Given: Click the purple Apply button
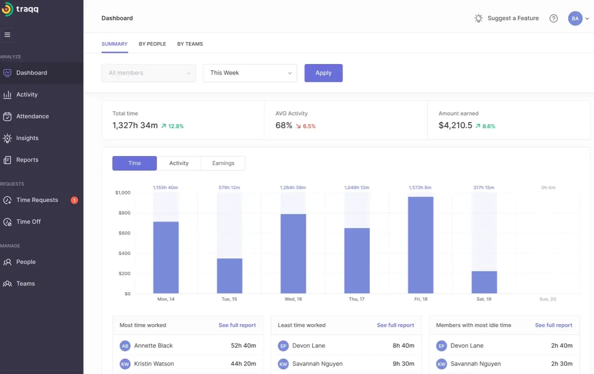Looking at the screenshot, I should click(x=323, y=73).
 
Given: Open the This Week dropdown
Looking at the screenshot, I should click(x=249, y=73).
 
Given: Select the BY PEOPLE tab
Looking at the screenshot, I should click(x=152, y=44).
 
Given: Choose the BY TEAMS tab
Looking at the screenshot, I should click(x=190, y=44).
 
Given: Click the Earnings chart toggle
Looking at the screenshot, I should click(x=223, y=163).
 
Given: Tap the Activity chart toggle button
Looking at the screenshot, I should click(x=178, y=163).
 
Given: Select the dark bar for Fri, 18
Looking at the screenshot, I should click(x=420, y=245).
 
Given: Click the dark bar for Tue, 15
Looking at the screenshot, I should click(x=229, y=276).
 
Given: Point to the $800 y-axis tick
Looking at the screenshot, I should click(x=123, y=213).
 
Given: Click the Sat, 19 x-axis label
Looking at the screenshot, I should click(x=484, y=299).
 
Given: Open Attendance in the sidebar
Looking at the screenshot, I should click(x=32, y=116).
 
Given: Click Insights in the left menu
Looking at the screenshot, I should click(x=27, y=138).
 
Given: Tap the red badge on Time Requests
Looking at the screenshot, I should click(x=74, y=200).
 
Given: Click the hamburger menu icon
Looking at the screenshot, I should click(x=7, y=35).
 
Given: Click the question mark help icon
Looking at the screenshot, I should click(x=553, y=18).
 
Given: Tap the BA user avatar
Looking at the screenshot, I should click(x=575, y=18).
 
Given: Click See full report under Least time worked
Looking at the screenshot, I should click(x=395, y=325).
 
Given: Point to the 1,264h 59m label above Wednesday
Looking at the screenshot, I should click(x=293, y=187).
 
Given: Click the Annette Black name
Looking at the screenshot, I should click(x=153, y=346).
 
